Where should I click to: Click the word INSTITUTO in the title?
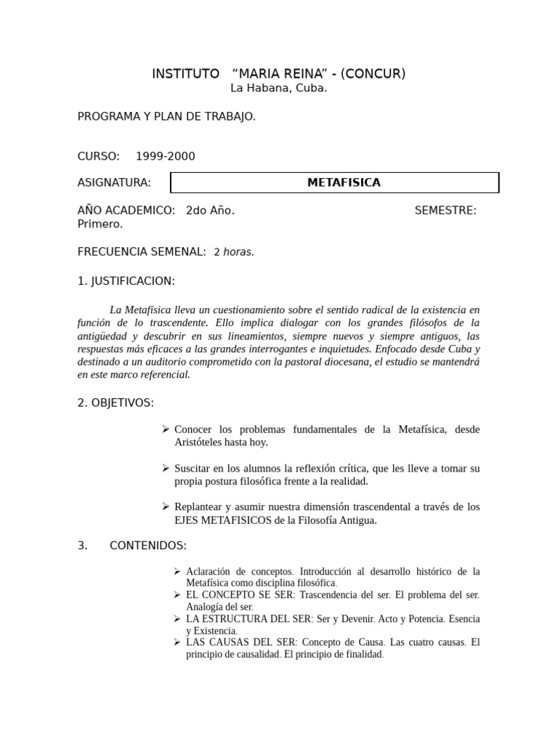click(x=185, y=73)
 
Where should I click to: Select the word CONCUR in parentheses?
click(x=373, y=73)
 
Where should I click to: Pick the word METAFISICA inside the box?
click(x=344, y=182)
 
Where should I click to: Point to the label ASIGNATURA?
click(x=114, y=182)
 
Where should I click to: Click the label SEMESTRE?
click(x=445, y=210)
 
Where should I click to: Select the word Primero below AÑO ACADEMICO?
click(x=100, y=224)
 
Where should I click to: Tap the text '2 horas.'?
click(x=234, y=252)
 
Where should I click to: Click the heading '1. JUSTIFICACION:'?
click(x=126, y=280)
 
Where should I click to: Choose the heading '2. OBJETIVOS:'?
click(x=116, y=403)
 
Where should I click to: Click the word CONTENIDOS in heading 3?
click(x=148, y=546)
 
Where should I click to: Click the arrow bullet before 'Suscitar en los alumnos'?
click(x=166, y=468)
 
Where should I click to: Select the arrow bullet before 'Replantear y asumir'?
click(x=166, y=506)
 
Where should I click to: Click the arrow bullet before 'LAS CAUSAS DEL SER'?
click(x=178, y=642)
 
